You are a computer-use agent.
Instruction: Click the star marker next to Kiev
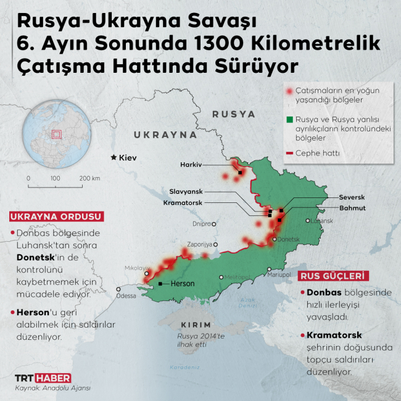pos(113,157)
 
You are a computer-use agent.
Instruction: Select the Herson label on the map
pos(181,284)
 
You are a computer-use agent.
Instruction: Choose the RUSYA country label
pos(233,114)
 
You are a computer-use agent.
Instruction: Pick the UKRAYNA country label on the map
pos(165,134)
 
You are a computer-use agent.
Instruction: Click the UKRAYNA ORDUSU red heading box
pos(56,217)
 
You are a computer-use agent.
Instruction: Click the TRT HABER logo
pos(42,378)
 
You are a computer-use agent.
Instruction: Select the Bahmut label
pos(352,208)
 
